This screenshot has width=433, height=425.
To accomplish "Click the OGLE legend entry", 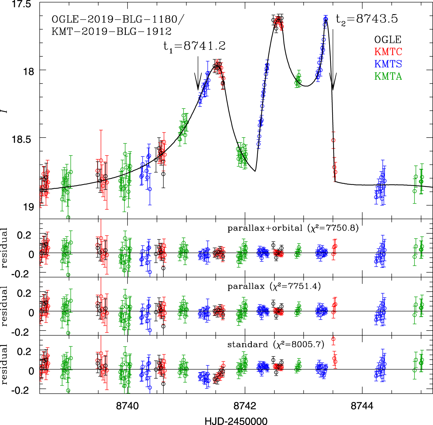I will [x=388, y=40].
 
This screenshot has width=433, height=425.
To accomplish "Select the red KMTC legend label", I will [x=388, y=52].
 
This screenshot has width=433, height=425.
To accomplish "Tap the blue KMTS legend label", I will [x=388, y=64].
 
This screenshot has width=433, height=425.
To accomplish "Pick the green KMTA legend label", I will [x=388, y=76].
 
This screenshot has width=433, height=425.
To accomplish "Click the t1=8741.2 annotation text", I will [x=194, y=46].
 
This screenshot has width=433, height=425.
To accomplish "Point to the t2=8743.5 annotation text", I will [x=367, y=19].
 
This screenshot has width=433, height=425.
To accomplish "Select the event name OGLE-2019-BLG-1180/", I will [x=118, y=20].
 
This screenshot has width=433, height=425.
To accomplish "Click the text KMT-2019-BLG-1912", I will [x=111, y=32].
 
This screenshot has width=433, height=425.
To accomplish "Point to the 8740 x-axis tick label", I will [x=127, y=406].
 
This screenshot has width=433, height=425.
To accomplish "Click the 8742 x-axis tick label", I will [x=245, y=406].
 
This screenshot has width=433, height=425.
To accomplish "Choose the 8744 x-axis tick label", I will [x=362, y=406].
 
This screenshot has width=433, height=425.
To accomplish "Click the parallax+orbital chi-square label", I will [x=293, y=228].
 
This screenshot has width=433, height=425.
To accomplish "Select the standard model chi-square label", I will [x=276, y=345].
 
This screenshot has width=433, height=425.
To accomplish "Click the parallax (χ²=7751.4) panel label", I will [x=274, y=286].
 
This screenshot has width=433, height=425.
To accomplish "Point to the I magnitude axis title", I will [x=4, y=111].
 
